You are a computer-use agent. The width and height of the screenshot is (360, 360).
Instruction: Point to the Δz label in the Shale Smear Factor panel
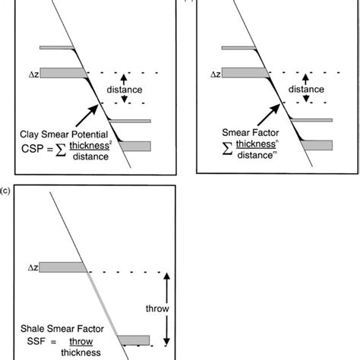coord(33,267)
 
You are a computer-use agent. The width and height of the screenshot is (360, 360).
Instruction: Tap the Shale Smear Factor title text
coord(62,329)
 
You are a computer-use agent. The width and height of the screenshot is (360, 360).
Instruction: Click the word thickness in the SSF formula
coord(87,352)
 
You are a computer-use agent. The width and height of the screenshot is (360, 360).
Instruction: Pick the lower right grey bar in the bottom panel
coord(134,339)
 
